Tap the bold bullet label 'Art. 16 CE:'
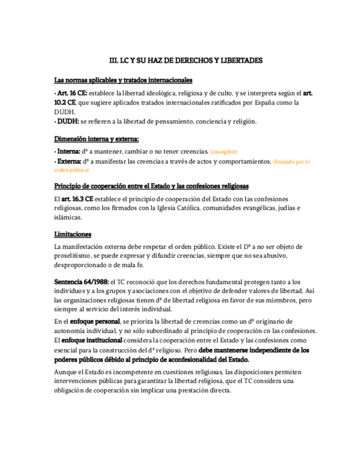tap(71, 93)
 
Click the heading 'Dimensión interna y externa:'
tap(96, 138)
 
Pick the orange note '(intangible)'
tap(224, 151)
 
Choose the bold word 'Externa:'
tap(69, 162)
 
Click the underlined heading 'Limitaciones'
tap(73, 234)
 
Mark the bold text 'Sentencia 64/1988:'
tap(81, 281)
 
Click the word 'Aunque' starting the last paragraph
tap(65, 372)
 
